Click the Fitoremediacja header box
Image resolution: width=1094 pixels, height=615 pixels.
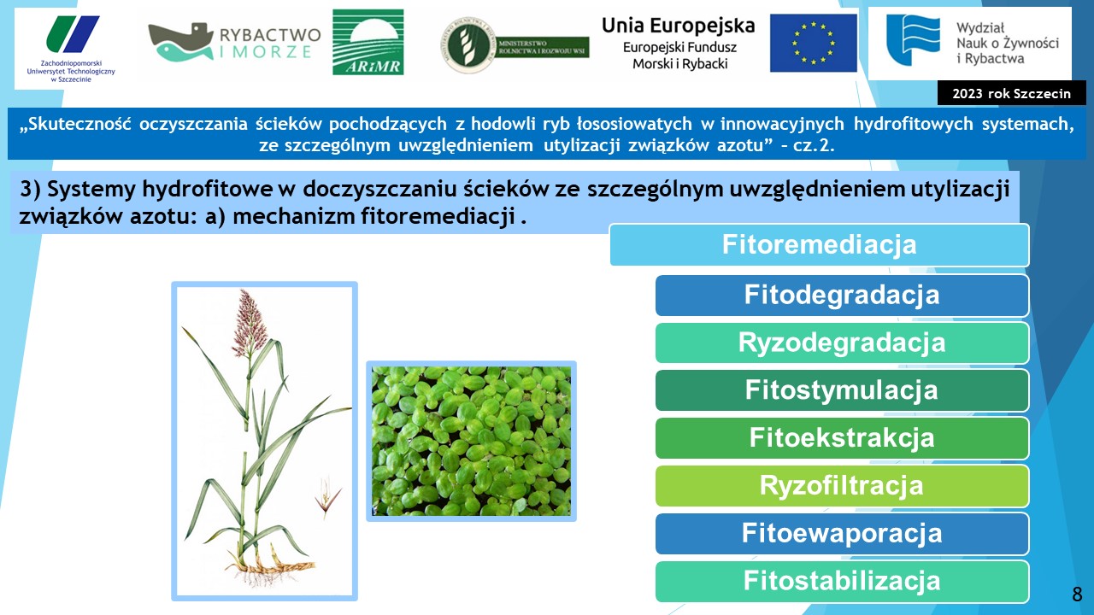click(x=820, y=244)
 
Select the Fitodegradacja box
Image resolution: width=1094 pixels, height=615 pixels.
click(x=842, y=296)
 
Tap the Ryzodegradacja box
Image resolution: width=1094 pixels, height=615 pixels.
click(x=842, y=343)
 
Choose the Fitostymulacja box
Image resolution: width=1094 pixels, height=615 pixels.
click(x=842, y=390)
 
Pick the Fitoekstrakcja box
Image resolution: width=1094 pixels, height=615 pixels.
click(x=842, y=438)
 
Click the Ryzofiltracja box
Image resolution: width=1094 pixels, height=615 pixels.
click(x=842, y=486)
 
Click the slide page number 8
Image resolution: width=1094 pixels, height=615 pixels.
click(x=1077, y=594)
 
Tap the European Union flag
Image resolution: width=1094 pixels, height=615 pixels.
click(x=813, y=43)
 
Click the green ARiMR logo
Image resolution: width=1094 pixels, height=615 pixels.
click(x=368, y=42)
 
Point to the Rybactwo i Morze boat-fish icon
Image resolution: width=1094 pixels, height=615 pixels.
click(x=181, y=42)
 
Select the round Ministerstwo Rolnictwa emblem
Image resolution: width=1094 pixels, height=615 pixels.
click(x=468, y=45)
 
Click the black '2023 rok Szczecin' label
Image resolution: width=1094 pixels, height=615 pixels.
click(x=1011, y=93)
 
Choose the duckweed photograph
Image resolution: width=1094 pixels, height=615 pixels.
click(x=471, y=442)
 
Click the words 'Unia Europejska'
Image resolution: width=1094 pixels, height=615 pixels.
click(x=679, y=26)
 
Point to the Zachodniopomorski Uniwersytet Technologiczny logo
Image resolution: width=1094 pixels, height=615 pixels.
click(x=71, y=49)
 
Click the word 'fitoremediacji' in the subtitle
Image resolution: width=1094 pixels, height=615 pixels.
click(x=438, y=216)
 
